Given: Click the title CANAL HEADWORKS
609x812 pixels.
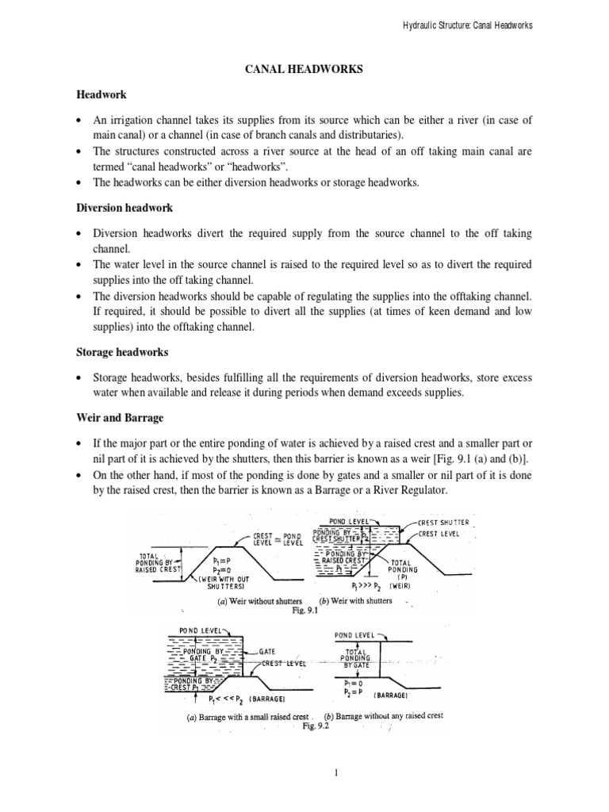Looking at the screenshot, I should (x=304, y=70).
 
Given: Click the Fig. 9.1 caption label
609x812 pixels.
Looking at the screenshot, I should (x=304, y=611).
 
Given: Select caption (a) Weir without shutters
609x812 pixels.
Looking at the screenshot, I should (x=253, y=600).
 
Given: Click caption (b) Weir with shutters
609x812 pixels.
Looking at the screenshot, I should (x=357, y=600).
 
